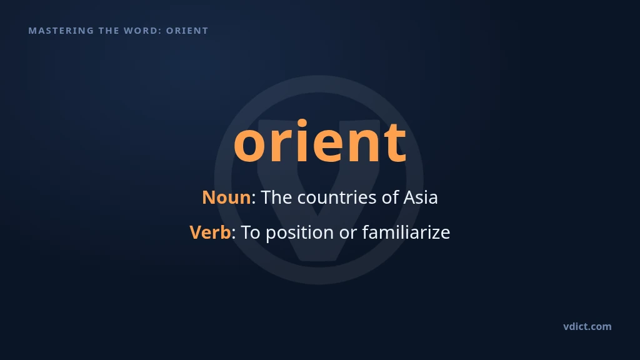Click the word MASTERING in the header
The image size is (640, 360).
pos(61,31)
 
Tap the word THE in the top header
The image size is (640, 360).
pos(109,31)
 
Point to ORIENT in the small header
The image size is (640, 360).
pos(187,31)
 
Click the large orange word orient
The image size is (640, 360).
pos(320,141)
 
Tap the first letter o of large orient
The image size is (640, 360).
pos(249,144)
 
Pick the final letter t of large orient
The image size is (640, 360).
pos(394,142)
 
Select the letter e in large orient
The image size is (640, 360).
pos(329,144)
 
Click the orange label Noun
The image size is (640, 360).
pos(226,197)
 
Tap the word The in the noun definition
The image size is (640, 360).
pos(276,197)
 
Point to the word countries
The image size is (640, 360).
pos(337,197)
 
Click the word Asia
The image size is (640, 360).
pos(421,197)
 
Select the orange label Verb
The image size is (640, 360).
pos(210,232)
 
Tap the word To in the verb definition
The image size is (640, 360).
pos(250,232)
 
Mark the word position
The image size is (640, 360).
pos(300,234)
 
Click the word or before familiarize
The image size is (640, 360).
pos(348,234)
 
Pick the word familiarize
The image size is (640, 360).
pos(406,232)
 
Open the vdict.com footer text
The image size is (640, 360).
pos(587,326)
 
